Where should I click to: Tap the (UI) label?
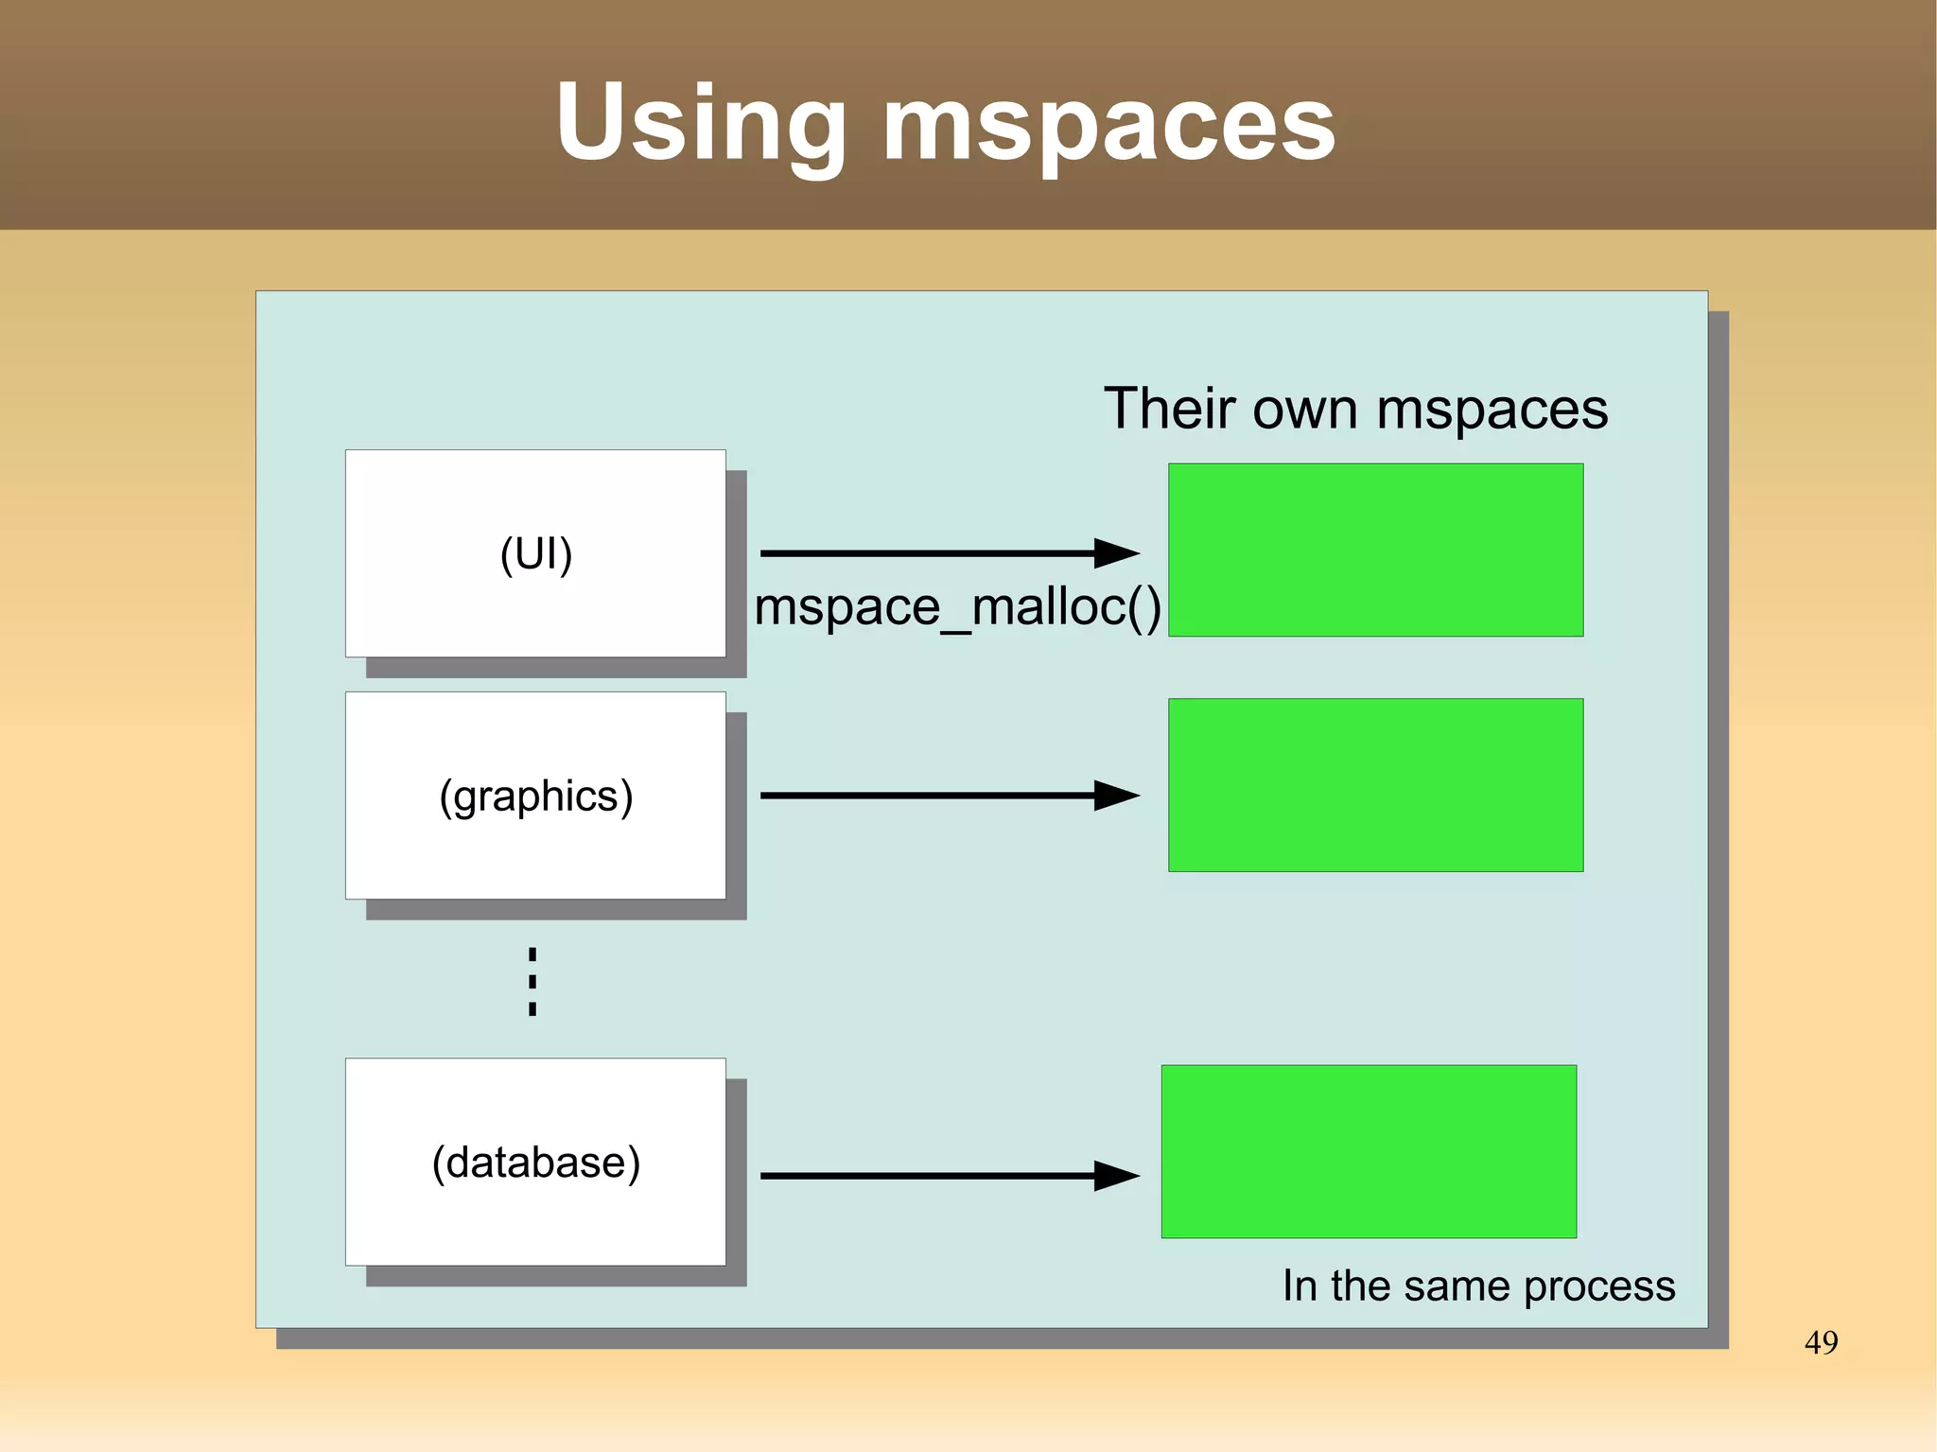coord(535,554)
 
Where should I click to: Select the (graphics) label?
coord(535,796)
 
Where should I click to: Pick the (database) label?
coord(535,1163)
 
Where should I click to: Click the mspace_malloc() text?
coord(957,607)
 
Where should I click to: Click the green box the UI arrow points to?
coord(1375,550)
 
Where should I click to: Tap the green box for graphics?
coord(1375,785)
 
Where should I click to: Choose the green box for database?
coord(1369,1151)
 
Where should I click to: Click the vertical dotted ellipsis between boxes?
coord(532,982)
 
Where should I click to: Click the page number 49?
coord(1821,1342)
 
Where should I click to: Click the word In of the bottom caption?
coord(1300,1286)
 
